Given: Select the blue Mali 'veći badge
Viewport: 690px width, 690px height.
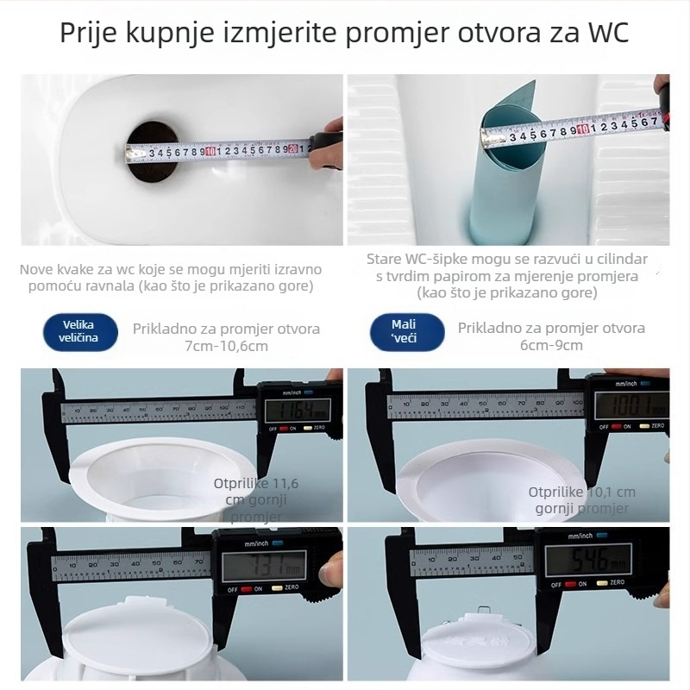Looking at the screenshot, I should pos(406,331).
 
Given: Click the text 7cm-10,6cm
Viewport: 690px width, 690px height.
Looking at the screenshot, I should pos(226,346).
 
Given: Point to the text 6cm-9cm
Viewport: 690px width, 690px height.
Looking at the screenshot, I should pos(551,345).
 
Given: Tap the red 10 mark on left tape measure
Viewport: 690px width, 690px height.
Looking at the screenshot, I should pos(210,152).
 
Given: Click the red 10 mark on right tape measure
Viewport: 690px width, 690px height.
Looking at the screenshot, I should pos(583,130).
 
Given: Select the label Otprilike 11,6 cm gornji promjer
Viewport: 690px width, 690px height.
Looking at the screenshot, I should pos(251,499).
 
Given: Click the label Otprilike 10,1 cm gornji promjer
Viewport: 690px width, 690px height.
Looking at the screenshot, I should pos(581,499).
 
